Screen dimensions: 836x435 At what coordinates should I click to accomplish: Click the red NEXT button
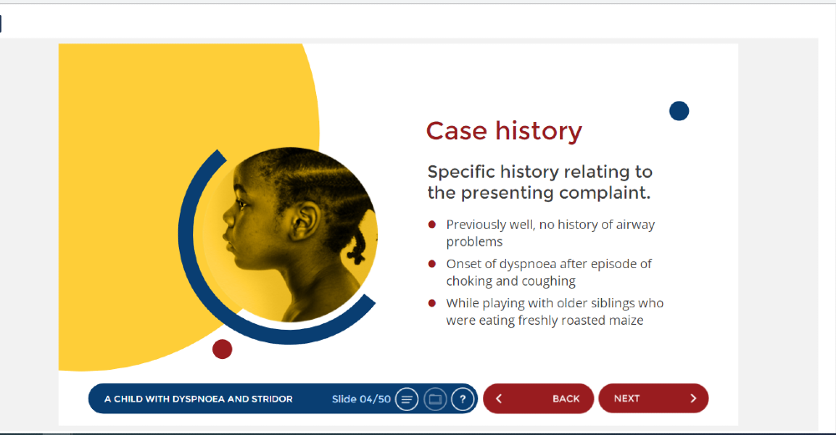point(653,398)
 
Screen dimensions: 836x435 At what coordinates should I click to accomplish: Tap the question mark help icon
point(463,399)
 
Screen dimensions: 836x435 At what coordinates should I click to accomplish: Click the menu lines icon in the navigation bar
point(407,399)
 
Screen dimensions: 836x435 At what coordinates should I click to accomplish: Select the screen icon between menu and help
point(435,399)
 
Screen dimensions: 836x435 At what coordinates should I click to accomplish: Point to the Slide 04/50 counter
point(361,399)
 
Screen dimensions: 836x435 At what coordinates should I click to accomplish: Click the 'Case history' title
point(504,131)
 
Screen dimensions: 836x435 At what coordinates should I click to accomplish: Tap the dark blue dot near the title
point(679,111)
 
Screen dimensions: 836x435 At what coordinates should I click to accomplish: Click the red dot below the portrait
point(222,349)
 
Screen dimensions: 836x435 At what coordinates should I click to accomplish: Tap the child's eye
point(243,204)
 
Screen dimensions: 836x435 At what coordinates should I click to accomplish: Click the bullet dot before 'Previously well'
point(432,225)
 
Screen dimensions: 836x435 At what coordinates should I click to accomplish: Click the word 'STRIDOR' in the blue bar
point(272,399)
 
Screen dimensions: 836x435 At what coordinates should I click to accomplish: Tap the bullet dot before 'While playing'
point(432,303)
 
